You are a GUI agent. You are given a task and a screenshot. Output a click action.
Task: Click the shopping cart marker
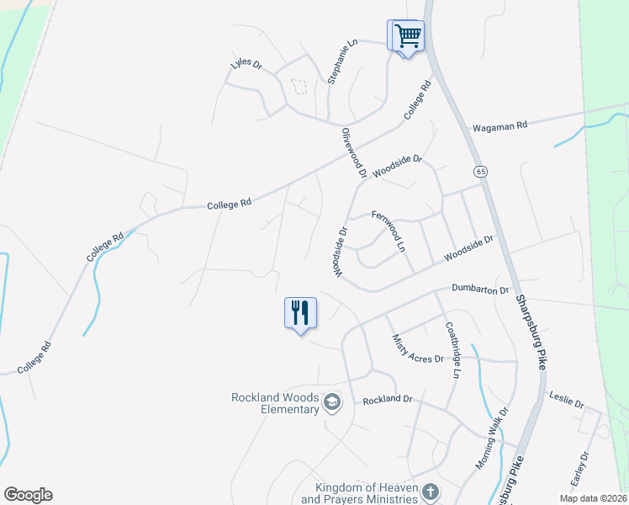(x=408, y=36)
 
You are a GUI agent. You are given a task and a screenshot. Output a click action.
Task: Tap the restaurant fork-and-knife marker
(x=300, y=313)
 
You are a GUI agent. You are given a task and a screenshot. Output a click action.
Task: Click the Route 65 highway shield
(x=480, y=171)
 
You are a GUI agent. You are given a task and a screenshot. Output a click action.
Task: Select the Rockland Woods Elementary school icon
(x=332, y=403)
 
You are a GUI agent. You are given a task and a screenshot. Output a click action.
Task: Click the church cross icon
(x=430, y=492)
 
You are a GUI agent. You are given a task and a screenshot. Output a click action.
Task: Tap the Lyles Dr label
(x=246, y=65)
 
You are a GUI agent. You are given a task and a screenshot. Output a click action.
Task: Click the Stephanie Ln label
(x=343, y=61)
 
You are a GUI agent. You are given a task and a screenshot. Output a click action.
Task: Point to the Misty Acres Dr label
(x=418, y=348)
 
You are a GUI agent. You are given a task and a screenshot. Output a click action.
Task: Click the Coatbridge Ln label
(x=453, y=348)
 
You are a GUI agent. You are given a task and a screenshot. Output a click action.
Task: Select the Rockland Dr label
(x=388, y=400)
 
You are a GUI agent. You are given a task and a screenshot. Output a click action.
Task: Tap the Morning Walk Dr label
(x=492, y=439)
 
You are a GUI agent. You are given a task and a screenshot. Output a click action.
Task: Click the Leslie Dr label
(x=566, y=401)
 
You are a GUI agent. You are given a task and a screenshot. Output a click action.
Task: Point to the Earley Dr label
(x=579, y=468)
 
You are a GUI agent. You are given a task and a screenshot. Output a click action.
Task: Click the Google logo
(x=28, y=495)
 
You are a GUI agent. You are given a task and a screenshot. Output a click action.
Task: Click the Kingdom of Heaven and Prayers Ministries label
(x=366, y=493)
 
